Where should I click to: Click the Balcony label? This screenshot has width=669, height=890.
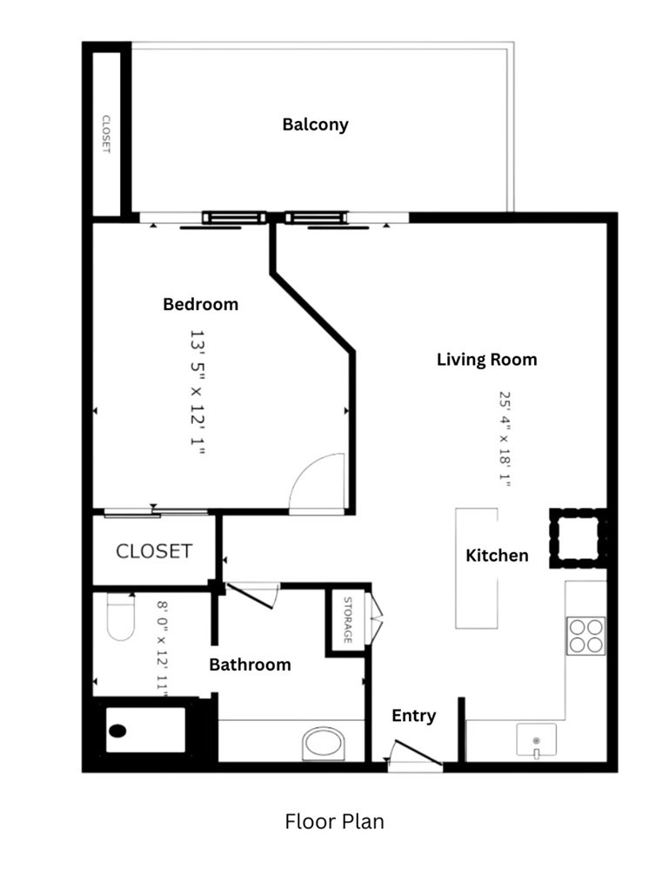pos(315,125)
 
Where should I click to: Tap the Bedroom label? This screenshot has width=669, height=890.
pos(200,304)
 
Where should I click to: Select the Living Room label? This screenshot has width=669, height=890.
pos(486,360)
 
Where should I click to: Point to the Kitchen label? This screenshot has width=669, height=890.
pos(497,555)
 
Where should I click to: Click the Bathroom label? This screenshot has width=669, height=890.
pos(250,664)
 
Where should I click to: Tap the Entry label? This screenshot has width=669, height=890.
pos(413,716)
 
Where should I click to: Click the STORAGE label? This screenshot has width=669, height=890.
pos(347,620)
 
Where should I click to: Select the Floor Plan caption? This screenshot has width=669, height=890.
pos(334,821)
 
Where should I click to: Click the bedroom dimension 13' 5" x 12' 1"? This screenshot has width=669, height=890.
pos(196,392)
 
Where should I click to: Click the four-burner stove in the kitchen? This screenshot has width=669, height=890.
pos(585,636)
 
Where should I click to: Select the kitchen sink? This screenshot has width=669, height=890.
pos(536,739)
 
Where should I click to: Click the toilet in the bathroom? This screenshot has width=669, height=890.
pos(120,617)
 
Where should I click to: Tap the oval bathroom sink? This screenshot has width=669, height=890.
pos(324,744)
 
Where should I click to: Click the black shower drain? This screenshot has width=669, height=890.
pos(117,731)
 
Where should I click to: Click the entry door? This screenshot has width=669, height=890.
pos(418,752)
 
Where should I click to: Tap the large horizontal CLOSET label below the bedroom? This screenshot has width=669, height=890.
pos(154,551)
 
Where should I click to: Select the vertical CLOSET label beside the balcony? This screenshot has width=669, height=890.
pos(106,134)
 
